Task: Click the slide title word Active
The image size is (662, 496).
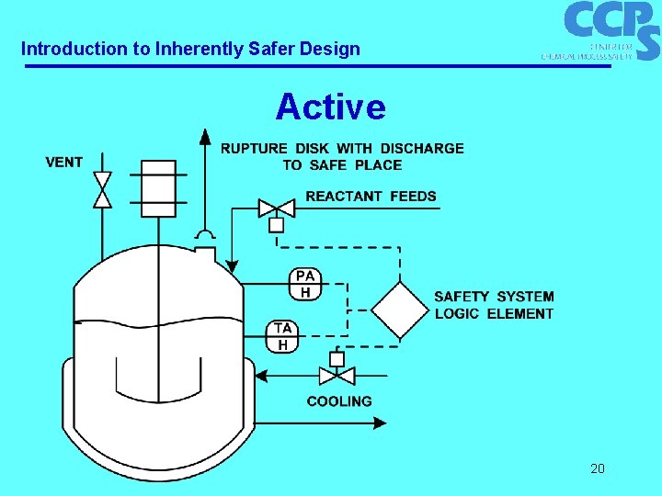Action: pyautogui.click(x=330, y=107)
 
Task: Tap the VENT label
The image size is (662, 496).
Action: pyautogui.click(x=64, y=163)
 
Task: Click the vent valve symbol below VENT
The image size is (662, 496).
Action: pyautogui.click(x=102, y=189)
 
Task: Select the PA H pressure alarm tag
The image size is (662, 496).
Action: pyautogui.click(x=305, y=284)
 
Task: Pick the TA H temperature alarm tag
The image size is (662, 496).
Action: pyautogui.click(x=283, y=336)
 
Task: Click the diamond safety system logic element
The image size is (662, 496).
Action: pyautogui.click(x=400, y=310)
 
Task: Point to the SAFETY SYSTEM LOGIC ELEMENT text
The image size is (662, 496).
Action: pyautogui.click(x=494, y=305)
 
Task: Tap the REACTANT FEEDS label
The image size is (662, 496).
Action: pyautogui.click(x=371, y=196)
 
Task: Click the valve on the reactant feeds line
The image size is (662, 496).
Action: pyautogui.click(x=276, y=208)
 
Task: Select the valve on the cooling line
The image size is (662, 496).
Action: pyautogui.click(x=337, y=375)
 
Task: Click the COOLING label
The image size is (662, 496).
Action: pyautogui.click(x=339, y=401)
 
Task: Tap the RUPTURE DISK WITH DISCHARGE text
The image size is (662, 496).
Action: pyautogui.click(x=342, y=148)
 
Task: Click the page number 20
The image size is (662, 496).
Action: pyautogui.click(x=598, y=469)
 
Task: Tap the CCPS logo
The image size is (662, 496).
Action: pyautogui.click(x=607, y=29)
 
